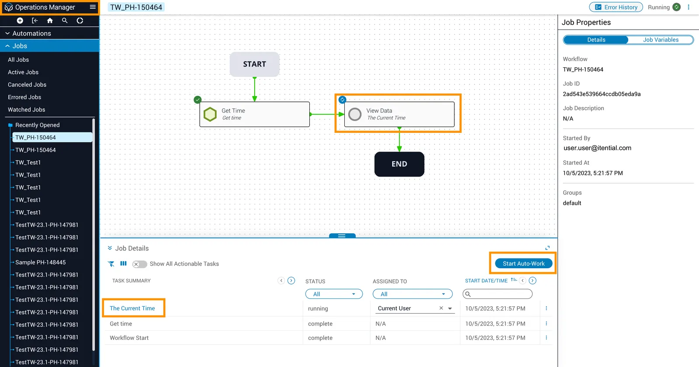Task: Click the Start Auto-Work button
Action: click(x=524, y=263)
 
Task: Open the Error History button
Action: click(x=616, y=7)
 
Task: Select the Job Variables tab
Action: click(x=661, y=40)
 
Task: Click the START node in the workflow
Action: click(x=254, y=64)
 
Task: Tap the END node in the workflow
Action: click(x=399, y=164)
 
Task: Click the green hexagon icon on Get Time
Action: click(x=210, y=114)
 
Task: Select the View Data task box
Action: click(x=399, y=114)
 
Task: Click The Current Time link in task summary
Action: click(x=132, y=308)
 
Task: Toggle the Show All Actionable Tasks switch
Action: click(x=139, y=264)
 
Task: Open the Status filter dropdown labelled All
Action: click(x=334, y=294)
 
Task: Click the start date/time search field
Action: click(x=498, y=294)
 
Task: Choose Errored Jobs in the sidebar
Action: click(x=24, y=97)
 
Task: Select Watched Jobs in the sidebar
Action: click(x=27, y=110)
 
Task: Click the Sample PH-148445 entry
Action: click(x=41, y=262)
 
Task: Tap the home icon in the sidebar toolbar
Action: click(x=50, y=21)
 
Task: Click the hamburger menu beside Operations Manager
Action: click(x=93, y=7)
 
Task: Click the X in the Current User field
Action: click(x=441, y=308)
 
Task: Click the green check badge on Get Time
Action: click(x=197, y=100)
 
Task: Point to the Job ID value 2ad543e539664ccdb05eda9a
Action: click(x=602, y=94)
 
